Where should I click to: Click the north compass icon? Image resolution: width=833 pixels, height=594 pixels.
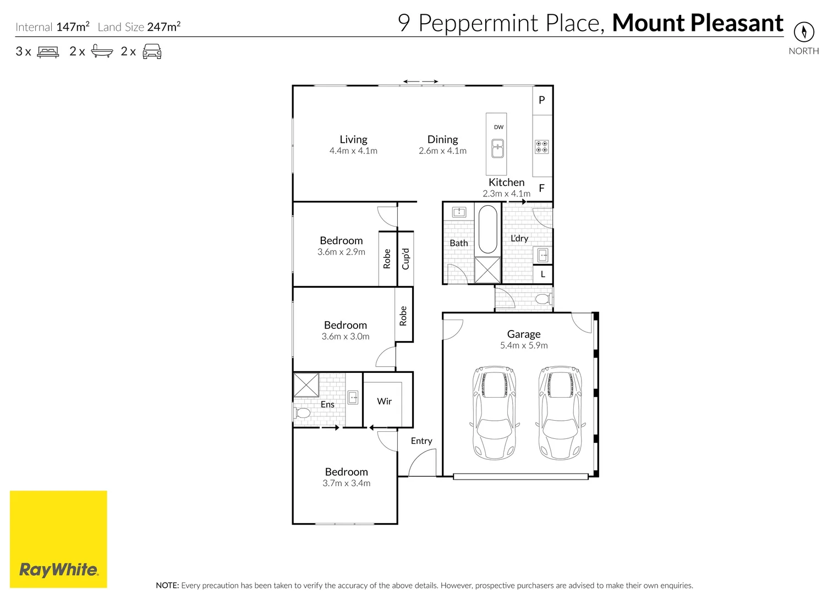[x=803, y=31]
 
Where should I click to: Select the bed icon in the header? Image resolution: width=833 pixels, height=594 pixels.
[x=48, y=52]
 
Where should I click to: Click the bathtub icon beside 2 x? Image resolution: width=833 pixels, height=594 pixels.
[x=102, y=52]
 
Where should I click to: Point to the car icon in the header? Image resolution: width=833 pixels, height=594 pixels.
[x=152, y=52]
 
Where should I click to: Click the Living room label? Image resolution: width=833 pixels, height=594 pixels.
[x=353, y=140]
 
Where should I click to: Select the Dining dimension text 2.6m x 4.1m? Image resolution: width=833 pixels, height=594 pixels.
[x=442, y=151]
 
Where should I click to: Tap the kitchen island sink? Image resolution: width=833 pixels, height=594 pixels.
[x=497, y=148]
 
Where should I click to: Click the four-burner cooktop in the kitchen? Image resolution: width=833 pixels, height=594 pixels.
[x=541, y=147]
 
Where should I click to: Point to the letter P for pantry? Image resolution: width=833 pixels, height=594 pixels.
[x=542, y=100]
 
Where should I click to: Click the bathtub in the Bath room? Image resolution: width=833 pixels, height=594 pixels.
[x=487, y=229]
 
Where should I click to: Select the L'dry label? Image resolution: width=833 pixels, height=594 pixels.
[x=519, y=238]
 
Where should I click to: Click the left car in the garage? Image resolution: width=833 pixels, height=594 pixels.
[x=494, y=413]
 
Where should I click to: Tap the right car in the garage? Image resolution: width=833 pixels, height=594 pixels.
[x=560, y=413]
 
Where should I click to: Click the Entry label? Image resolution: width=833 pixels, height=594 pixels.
[x=421, y=441]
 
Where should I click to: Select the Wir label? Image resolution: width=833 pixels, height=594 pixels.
[x=384, y=402]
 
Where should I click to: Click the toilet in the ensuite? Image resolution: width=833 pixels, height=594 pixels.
[x=302, y=413]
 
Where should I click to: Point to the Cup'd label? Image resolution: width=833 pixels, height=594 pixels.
[x=405, y=258]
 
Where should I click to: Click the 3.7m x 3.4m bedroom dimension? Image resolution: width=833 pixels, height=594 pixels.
[x=346, y=483]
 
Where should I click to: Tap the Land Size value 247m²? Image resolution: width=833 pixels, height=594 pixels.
[x=163, y=26]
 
